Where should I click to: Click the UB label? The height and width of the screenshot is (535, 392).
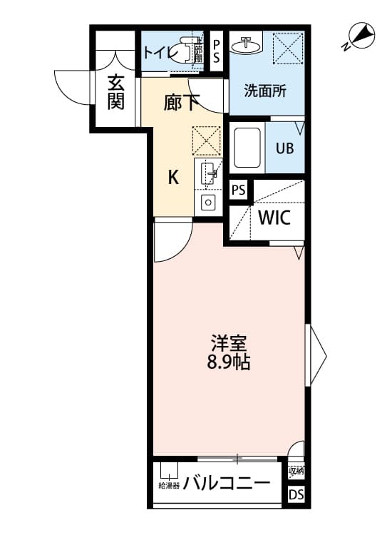click(x=284, y=149)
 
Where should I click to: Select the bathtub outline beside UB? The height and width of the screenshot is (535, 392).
click(x=247, y=149)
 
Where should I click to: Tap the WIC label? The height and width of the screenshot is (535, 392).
click(x=274, y=218)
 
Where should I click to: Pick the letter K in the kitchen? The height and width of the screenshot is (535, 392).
click(x=173, y=178)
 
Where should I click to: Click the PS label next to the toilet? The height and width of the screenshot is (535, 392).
click(x=217, y=51)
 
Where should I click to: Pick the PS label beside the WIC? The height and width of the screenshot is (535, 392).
click(x=239, y=190)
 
